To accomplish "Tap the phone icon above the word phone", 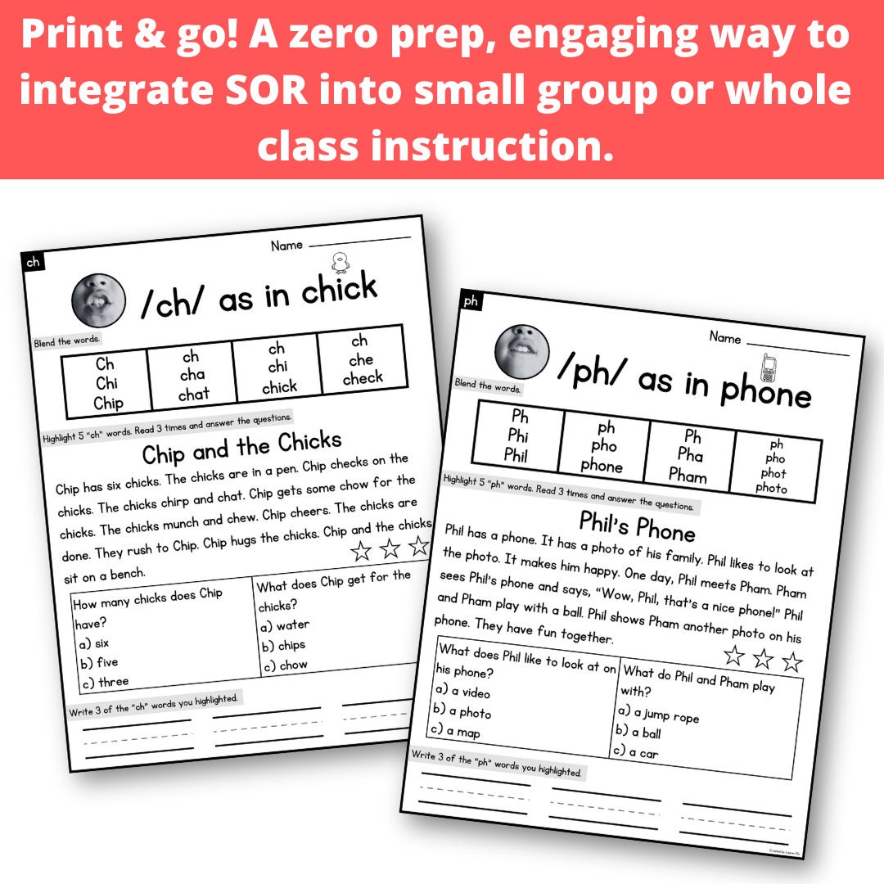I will click(768, 368).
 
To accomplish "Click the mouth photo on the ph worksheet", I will click(521, 350).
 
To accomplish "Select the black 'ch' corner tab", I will click(33, 262).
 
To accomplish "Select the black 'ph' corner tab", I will click(471, 302).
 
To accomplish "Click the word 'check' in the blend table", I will click(362, 378).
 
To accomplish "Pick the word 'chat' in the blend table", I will click(193, 395).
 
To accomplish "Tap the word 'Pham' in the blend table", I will click(687, 474).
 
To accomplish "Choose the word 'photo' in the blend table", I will click(771, 489).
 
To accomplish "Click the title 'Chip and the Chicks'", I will click(241, 447).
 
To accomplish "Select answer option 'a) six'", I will click(92, 643).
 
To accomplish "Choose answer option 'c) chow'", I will click(283, 665).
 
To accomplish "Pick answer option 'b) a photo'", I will click(463, 711).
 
